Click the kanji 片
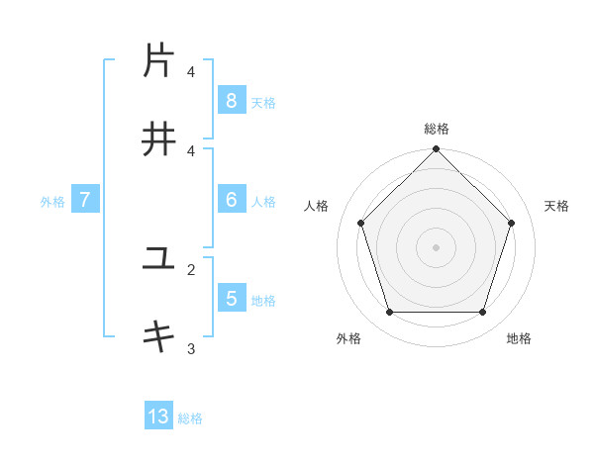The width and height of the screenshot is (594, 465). tap(158, 61)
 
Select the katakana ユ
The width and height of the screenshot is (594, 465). tap(158, 259)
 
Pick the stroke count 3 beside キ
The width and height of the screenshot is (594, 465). tap(191, 348)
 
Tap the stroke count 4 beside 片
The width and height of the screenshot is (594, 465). tap(191, 71)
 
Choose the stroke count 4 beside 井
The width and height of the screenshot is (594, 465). tap(191, 150)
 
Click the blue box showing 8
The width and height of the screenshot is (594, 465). tap(231, 100)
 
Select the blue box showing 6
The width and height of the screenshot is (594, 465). tap(231, 200)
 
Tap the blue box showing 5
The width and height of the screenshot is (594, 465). tap(231, 298)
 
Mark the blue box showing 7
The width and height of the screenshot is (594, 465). tap(85, 200)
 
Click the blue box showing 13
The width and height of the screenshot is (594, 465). tap(158, 417)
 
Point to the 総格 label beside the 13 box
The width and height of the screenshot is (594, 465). tap(190, 418)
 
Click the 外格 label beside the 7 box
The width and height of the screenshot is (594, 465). tap(52, 202)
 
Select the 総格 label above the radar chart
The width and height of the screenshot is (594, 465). tap(436, 129)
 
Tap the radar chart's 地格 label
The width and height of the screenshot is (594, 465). tap(519, 338)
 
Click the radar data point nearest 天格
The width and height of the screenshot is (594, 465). tap(512, 223)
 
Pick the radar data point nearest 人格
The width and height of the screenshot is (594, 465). tap(360, 223)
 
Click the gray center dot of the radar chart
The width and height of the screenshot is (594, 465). tap(436, 246)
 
